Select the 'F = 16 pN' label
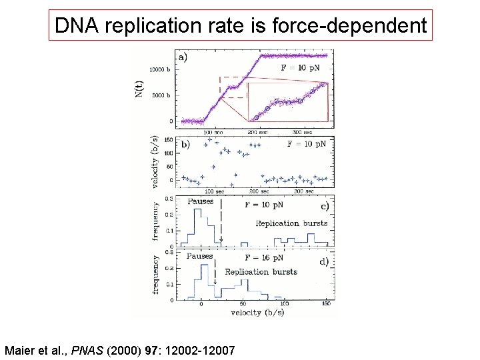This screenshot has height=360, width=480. (x=263, y=257)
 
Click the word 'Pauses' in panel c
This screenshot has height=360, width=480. (x=201, y=201)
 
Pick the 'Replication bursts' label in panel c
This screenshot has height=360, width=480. (x=292, y=223)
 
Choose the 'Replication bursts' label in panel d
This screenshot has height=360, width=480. (x=261, y=271)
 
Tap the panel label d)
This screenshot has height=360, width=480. (x=323, y=261)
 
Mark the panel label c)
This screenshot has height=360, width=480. (x=324, y=205)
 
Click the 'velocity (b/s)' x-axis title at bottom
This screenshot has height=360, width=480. (x=254, y=311)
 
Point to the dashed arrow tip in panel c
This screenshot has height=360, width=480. (x=221, y=241)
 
